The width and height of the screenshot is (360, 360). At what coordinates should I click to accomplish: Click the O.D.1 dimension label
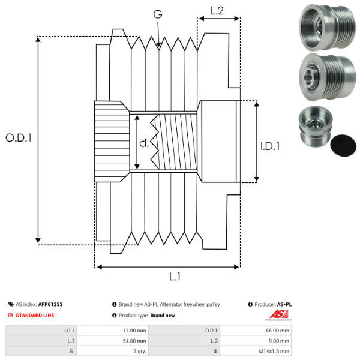19,137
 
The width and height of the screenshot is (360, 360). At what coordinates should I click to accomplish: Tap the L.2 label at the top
217,10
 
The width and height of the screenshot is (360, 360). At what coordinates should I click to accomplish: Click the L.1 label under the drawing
175,277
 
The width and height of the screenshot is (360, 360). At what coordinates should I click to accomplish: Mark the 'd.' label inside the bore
143,143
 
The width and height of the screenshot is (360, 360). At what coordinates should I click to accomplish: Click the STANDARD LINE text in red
36,315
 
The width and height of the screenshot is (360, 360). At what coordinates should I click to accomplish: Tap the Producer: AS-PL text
273,305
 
